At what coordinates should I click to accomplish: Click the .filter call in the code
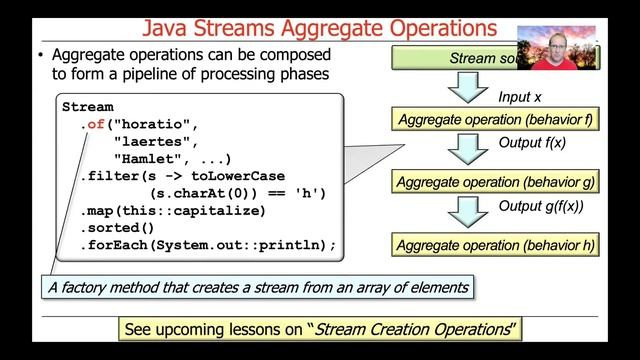point(105,176)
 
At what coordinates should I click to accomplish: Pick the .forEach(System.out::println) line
point(207,245)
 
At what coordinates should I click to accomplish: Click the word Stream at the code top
point(88,107)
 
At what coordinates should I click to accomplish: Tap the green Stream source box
point(480,59)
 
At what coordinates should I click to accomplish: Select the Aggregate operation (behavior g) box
point(496,182)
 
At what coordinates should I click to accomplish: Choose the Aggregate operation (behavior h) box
point(496,244)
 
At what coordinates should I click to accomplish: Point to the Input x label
point(520,97)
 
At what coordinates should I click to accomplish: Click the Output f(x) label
point(532,144)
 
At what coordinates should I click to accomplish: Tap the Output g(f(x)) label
point(541,206)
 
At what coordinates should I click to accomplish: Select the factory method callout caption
point(258,288)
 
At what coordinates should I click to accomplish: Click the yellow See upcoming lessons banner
point(317,328)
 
